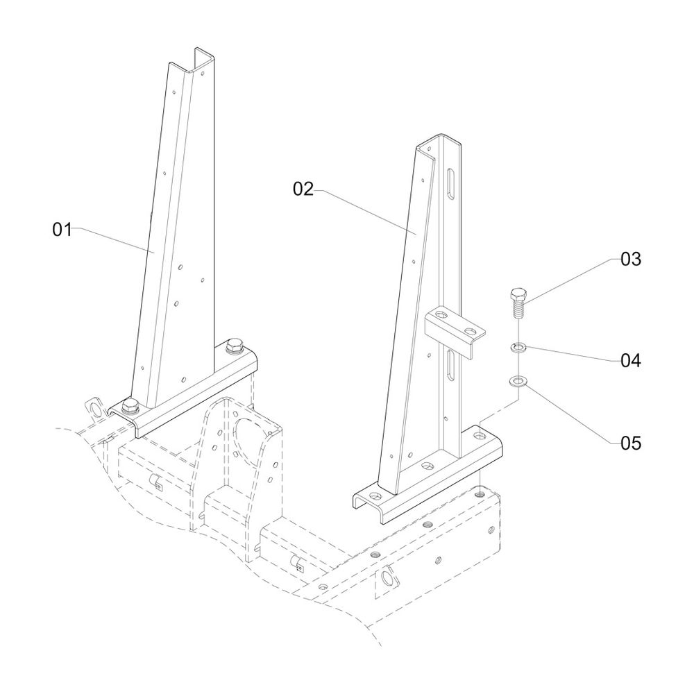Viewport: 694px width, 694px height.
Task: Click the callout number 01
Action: click(62, 230)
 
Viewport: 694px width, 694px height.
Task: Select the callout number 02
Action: click(303, 189)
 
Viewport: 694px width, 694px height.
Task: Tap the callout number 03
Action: click(630, 260)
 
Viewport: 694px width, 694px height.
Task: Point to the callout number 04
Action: click(630, 361)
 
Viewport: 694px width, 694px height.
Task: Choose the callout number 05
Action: click(630, 442)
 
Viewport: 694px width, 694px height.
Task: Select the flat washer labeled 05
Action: click(518, 381)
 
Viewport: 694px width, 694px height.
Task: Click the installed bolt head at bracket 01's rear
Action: click(235, 345)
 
